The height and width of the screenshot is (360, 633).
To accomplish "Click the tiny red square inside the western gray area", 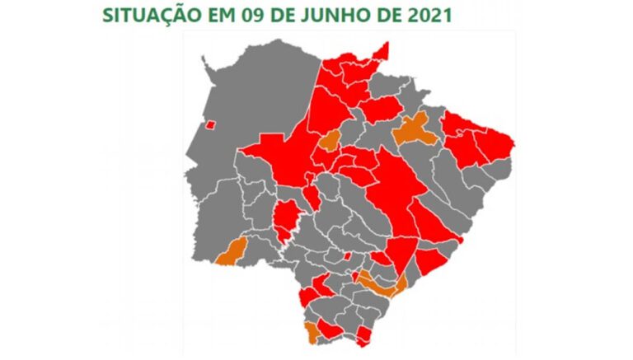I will click(x=210, y=125).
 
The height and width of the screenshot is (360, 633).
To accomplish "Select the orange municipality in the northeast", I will click(x=415, y=130).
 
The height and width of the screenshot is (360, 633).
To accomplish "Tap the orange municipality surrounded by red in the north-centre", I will click(x=330, y=140).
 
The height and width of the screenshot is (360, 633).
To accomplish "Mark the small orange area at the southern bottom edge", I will click(x=312, y=332).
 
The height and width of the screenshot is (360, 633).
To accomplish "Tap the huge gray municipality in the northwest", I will click(x=256, y=91).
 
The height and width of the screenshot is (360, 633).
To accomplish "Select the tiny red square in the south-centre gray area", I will click(x=347, y=257).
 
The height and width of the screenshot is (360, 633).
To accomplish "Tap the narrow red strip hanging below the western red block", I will click(x=286, y=219).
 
